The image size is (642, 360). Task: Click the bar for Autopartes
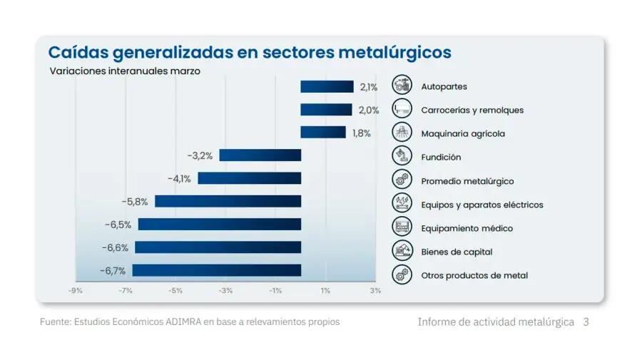(327, 87)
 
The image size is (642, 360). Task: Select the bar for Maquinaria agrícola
(323, 133)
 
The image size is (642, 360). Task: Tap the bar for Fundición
(260, 155)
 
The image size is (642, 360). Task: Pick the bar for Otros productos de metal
(217, 271)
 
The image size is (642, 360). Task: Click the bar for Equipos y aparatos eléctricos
(228, 202)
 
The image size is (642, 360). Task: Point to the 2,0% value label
(368, 110)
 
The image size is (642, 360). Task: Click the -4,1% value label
(179, 179)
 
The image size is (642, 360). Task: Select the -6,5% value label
(118, 225)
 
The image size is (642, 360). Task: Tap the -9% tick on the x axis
(75, 291)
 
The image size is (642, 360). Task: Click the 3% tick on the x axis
(375, 291)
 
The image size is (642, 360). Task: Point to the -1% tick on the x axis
(275, 291)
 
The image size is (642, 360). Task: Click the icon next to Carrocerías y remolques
(402, 109)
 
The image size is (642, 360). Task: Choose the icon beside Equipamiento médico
(402, 227)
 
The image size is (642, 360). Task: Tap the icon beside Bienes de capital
(402, 251)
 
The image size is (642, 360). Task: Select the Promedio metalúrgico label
(467, 181)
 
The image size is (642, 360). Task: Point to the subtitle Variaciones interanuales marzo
(125, 71)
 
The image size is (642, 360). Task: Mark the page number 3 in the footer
(586, 322)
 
